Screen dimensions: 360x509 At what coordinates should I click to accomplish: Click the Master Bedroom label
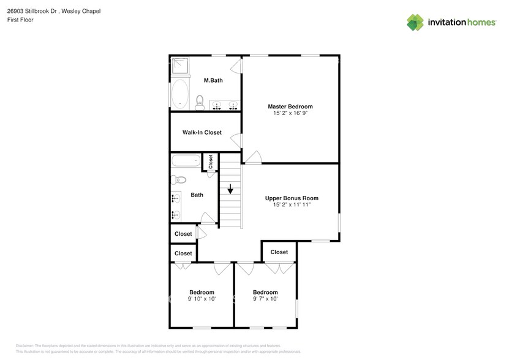point(290,107)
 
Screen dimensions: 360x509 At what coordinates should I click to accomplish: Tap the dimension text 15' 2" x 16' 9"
point(290,113)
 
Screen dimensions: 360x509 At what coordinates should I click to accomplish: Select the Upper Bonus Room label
point(292,198)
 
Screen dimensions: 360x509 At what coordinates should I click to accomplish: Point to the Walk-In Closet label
point(202,132)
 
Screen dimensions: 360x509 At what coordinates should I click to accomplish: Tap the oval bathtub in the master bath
point(180,95)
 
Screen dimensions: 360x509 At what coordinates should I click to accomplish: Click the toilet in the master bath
point(200,102)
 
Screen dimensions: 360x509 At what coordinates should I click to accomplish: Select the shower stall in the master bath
point(179,65)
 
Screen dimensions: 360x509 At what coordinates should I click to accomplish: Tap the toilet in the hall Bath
point(178,180)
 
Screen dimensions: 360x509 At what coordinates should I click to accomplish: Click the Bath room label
point(197,195)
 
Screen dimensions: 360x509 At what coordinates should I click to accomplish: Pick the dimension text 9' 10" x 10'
point(202,299)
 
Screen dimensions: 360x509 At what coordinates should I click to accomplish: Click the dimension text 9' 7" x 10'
point(265,299)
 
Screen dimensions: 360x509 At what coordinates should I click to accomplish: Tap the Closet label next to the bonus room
point(279,252)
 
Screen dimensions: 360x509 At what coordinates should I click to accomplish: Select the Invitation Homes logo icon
point(415,22)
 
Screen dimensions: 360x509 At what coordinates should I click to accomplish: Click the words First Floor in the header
point(20,20)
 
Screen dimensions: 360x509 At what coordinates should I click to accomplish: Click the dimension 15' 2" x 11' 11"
point(292,204)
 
